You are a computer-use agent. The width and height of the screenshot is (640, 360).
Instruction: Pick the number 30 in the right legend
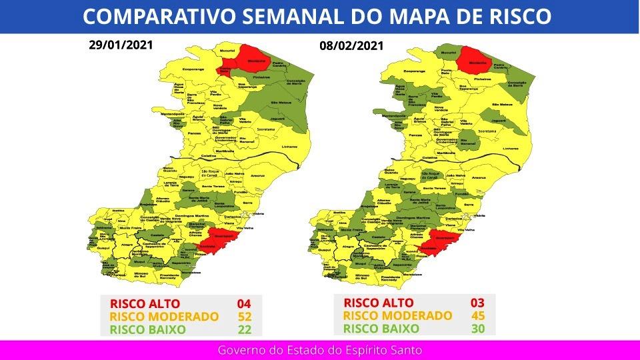coord(477,328)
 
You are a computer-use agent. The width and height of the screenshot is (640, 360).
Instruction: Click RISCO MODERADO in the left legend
coord(164,317)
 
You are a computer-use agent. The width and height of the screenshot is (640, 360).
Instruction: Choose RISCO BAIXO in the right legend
coord(381,328)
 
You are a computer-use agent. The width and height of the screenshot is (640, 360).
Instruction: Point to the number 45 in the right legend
coord(477,315)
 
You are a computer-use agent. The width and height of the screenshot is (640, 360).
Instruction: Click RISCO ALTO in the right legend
coord(378,303)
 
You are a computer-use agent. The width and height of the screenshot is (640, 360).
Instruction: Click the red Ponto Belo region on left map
coord(225,70)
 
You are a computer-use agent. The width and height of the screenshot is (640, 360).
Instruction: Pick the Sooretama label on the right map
coord(487,131)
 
